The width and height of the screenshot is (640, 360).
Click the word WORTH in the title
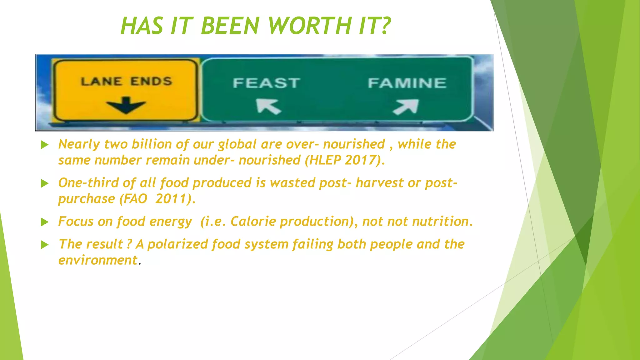pos(310,26)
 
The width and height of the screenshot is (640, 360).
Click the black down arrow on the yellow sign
pos(126,105)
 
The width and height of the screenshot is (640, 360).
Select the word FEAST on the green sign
pos(267,83)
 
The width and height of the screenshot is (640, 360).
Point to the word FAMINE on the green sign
pos(407,83)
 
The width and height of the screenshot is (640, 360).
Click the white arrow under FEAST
pos(268,106)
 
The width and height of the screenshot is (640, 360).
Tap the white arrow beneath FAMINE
pos(406,107)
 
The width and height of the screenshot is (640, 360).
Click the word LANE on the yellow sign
pos(102,82)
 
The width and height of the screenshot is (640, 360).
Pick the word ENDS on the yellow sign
pos(151,82)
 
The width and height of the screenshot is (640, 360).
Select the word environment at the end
pos(98,260)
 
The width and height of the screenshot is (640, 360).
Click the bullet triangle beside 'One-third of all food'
pos(45,183)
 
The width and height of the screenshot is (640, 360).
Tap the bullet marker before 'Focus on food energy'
pos(45,222)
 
